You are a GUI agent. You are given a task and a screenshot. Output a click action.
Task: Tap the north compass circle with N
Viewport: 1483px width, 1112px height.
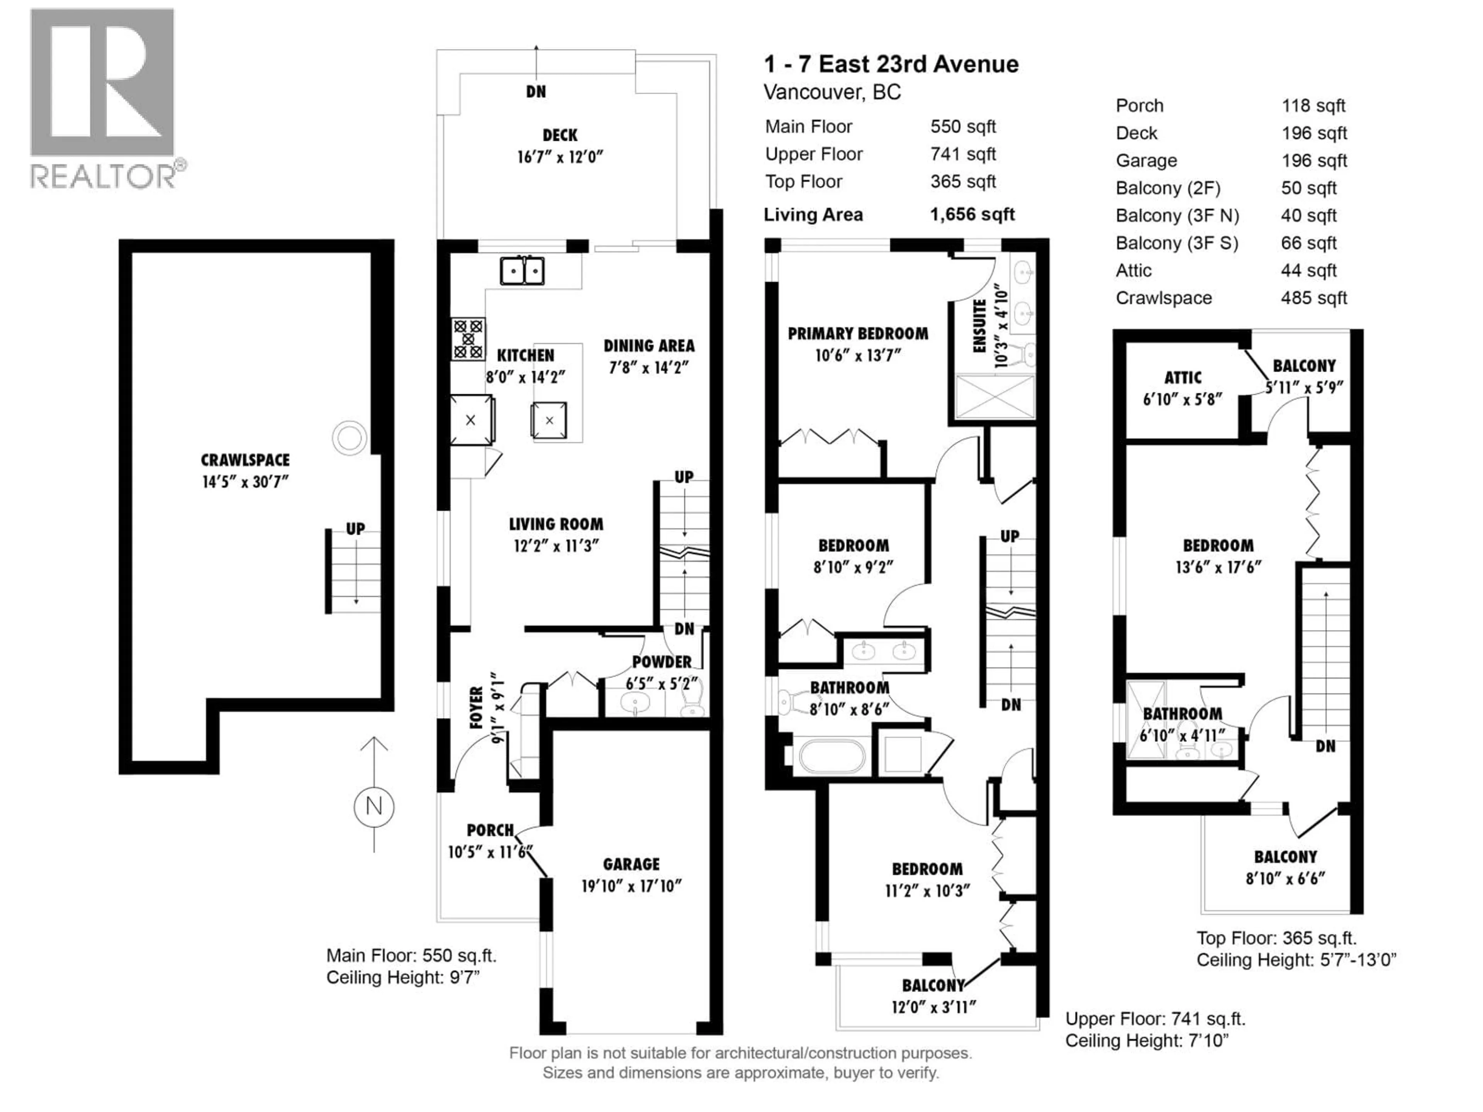(373, 806)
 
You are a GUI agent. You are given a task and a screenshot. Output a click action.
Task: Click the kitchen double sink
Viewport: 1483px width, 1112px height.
(522, 271)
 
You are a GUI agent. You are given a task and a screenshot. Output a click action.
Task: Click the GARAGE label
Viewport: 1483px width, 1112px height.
(631, 864)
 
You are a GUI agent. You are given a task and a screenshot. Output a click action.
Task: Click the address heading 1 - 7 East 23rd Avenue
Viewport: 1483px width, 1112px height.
(891, 64)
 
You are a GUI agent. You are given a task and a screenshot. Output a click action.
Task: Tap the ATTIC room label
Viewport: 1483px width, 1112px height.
(1183, 377)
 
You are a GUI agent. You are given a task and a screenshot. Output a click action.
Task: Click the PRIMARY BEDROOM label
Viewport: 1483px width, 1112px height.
(857, 333)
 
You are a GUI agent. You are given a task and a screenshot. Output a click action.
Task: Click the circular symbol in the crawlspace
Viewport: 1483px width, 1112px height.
(349, 438)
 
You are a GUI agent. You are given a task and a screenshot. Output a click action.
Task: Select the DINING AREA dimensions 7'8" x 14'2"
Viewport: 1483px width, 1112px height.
(648, 367)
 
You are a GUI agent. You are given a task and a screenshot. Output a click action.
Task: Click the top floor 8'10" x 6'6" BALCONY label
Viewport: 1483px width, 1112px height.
(1285, 857)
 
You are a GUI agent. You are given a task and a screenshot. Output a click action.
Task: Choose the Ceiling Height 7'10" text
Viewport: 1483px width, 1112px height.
(1147, 1041)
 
